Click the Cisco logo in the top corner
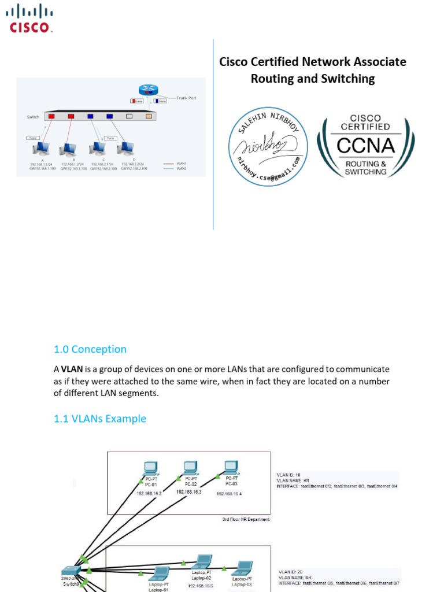[31, 18]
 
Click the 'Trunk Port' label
[186, 98]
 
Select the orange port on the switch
[149, 116]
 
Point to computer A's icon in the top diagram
[42, 150]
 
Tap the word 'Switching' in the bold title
[346, 79]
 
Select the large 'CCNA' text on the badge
[366, 145]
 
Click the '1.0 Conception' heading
[90, 349]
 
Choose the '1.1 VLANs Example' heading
[100, 419]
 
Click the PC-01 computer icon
[151, 467]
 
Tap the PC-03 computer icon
[231, 467]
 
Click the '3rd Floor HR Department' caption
[246, 519]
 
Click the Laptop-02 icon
[203, 561]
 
